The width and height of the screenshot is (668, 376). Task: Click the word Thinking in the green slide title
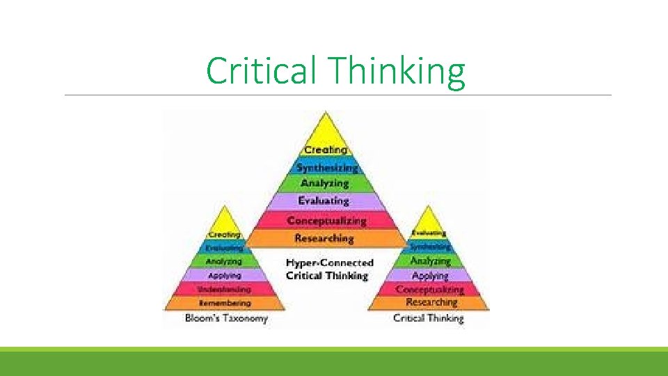398,71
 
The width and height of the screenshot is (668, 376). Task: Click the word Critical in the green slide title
262,71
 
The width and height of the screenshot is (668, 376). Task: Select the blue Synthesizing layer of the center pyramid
327,167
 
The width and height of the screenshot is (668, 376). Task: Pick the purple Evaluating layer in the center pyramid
324,201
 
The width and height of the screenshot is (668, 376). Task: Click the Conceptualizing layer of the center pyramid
326,220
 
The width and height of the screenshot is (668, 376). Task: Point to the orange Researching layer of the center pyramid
324,238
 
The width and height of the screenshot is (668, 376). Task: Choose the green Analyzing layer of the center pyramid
325,183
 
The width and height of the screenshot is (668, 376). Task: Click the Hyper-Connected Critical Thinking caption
329,269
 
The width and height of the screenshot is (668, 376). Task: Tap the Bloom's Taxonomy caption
226,319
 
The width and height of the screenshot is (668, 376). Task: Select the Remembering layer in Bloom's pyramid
224,303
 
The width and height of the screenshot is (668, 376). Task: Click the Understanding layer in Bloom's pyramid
224,288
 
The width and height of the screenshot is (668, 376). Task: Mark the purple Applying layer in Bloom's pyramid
224,275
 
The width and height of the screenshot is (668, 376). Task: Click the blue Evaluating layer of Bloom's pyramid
224,247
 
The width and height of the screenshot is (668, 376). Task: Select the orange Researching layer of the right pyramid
431,302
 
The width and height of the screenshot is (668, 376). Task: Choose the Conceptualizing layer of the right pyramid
430,288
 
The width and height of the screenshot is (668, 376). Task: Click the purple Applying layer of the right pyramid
430,276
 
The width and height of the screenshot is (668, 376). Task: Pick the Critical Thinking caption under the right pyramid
428,318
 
